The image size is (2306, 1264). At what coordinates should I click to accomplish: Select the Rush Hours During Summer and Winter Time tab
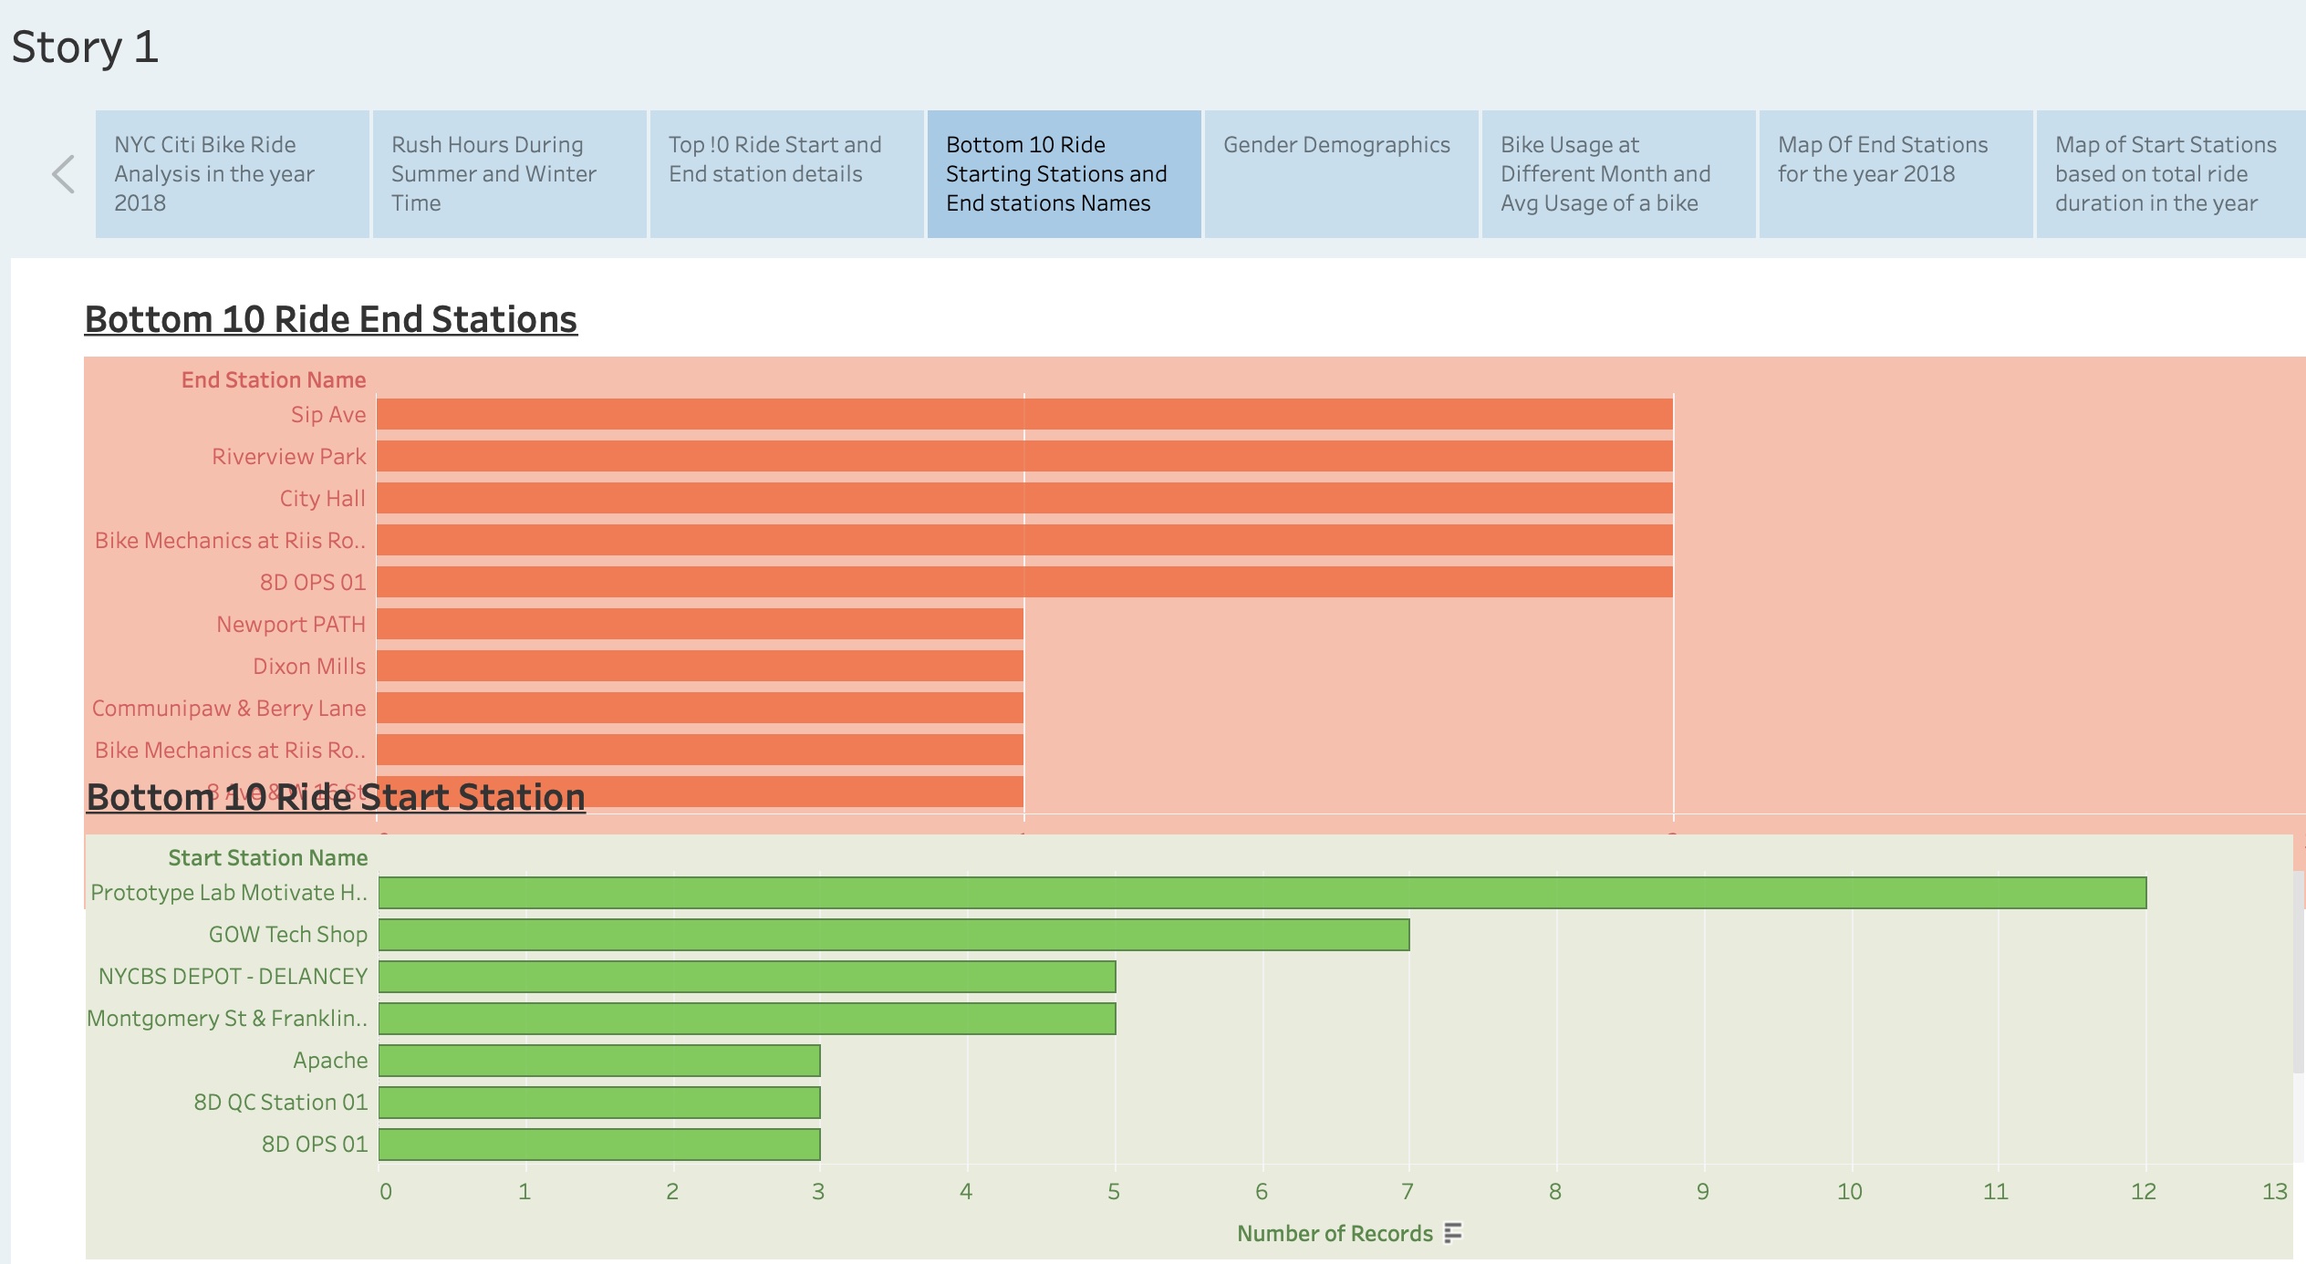(509, 173)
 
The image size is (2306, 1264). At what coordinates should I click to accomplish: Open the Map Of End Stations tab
(1895, 173)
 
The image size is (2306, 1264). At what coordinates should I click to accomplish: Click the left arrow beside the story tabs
(63, 174)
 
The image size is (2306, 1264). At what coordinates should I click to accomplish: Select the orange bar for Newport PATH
(700, 624)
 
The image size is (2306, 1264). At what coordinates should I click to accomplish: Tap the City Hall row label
(322, 499)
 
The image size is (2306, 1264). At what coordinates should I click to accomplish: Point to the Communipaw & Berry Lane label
(229, 709)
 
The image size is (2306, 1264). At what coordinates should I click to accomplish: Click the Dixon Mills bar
(700, 666)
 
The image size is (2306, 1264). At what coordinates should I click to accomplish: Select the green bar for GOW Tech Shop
(893, 935)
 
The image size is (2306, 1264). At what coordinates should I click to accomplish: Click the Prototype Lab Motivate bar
(1262, 893)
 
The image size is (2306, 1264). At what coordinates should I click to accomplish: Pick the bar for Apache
(599, 1061)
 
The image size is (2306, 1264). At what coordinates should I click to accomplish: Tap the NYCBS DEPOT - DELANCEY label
(233, 977)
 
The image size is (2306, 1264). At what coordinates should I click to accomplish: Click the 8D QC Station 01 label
(280, 1103)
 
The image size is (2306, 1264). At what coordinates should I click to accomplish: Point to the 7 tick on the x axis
(1407, 1191)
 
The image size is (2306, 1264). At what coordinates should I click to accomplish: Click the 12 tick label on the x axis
(2143, 1191)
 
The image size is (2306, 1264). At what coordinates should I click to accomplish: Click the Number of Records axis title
(1335, 1234)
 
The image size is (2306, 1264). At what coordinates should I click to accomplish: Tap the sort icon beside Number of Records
(1453, 1233)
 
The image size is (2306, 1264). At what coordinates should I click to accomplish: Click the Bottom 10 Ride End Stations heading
(330, 319)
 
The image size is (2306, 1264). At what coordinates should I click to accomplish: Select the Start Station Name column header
(267, 858)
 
